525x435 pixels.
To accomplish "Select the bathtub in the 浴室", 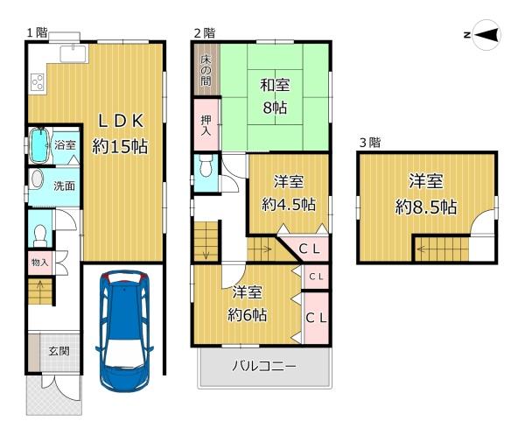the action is point(39,146).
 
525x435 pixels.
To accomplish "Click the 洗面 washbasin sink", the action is point(37,179).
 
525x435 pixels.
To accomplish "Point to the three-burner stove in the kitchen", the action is point(38,82).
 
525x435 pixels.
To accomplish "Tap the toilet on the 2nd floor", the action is point(206,165).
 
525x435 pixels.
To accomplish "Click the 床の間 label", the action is point(206,70).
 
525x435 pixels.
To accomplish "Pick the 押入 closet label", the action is point(206,125).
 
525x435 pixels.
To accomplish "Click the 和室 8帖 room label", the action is point(275,96).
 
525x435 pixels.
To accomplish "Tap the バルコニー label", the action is point(264,366).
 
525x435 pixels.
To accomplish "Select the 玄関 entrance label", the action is point(59,351).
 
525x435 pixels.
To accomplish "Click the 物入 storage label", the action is point(40,263).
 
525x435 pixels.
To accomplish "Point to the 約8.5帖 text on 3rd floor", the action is point(426,207).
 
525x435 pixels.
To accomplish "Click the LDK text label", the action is point(121,121).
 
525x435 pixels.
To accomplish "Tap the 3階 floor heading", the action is point(370,143).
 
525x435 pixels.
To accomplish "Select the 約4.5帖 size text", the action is point(289,204).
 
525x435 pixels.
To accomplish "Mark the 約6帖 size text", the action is point(247,315).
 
